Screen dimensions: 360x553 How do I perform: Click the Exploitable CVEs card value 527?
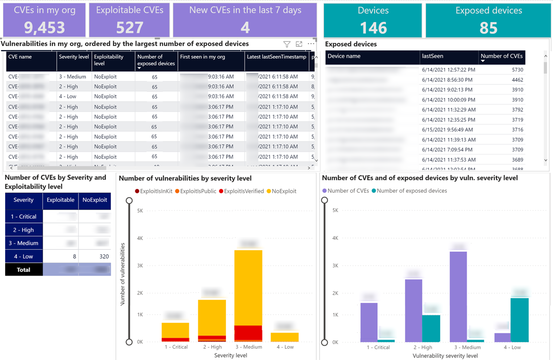pyautogui.click(x=129, y=27)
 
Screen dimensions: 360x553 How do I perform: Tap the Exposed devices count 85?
pyautogui.click(x=488, y=28)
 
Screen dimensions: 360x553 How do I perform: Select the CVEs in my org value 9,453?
pyautogui.click(x=44, y=27)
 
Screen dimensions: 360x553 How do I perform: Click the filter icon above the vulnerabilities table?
pyautogui.click(x=287, y=44)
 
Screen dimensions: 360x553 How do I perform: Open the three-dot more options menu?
pyautogui.click(x=311, y=44)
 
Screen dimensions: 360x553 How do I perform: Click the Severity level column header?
pyautogui.click(x=74, y=57)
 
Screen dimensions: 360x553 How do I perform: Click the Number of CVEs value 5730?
pyautogui.click(x=517, y=70)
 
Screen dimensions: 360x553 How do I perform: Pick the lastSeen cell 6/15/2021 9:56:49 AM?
pyautogui.click(x=447, y=130)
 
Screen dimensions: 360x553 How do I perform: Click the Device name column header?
pyautogui.click(x=344, y=56)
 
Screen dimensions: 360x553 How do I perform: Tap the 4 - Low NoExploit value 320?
pyautogui.click(x=104, y=256)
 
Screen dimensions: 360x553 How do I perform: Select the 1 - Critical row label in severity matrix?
pyautogui.click(x=24, y=216)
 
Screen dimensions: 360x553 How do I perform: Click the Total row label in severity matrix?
pyautogui.click(x=24, y=270)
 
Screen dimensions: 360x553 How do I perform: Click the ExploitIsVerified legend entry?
pyautogui.click(x=244, y=191)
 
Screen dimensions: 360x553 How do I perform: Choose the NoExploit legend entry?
pyautogui.click(x=284, y=191)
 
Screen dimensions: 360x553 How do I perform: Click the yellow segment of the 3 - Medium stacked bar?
pyautogui.click(x=248, y=286)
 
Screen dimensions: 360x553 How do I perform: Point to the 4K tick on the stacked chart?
pyautogui.click(x=140, y=238)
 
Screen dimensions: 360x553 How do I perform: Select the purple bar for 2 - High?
pyautogui.click(x=413, y=310)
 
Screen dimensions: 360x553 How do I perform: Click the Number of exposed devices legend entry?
pyautogui.click(x=411, y=191)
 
